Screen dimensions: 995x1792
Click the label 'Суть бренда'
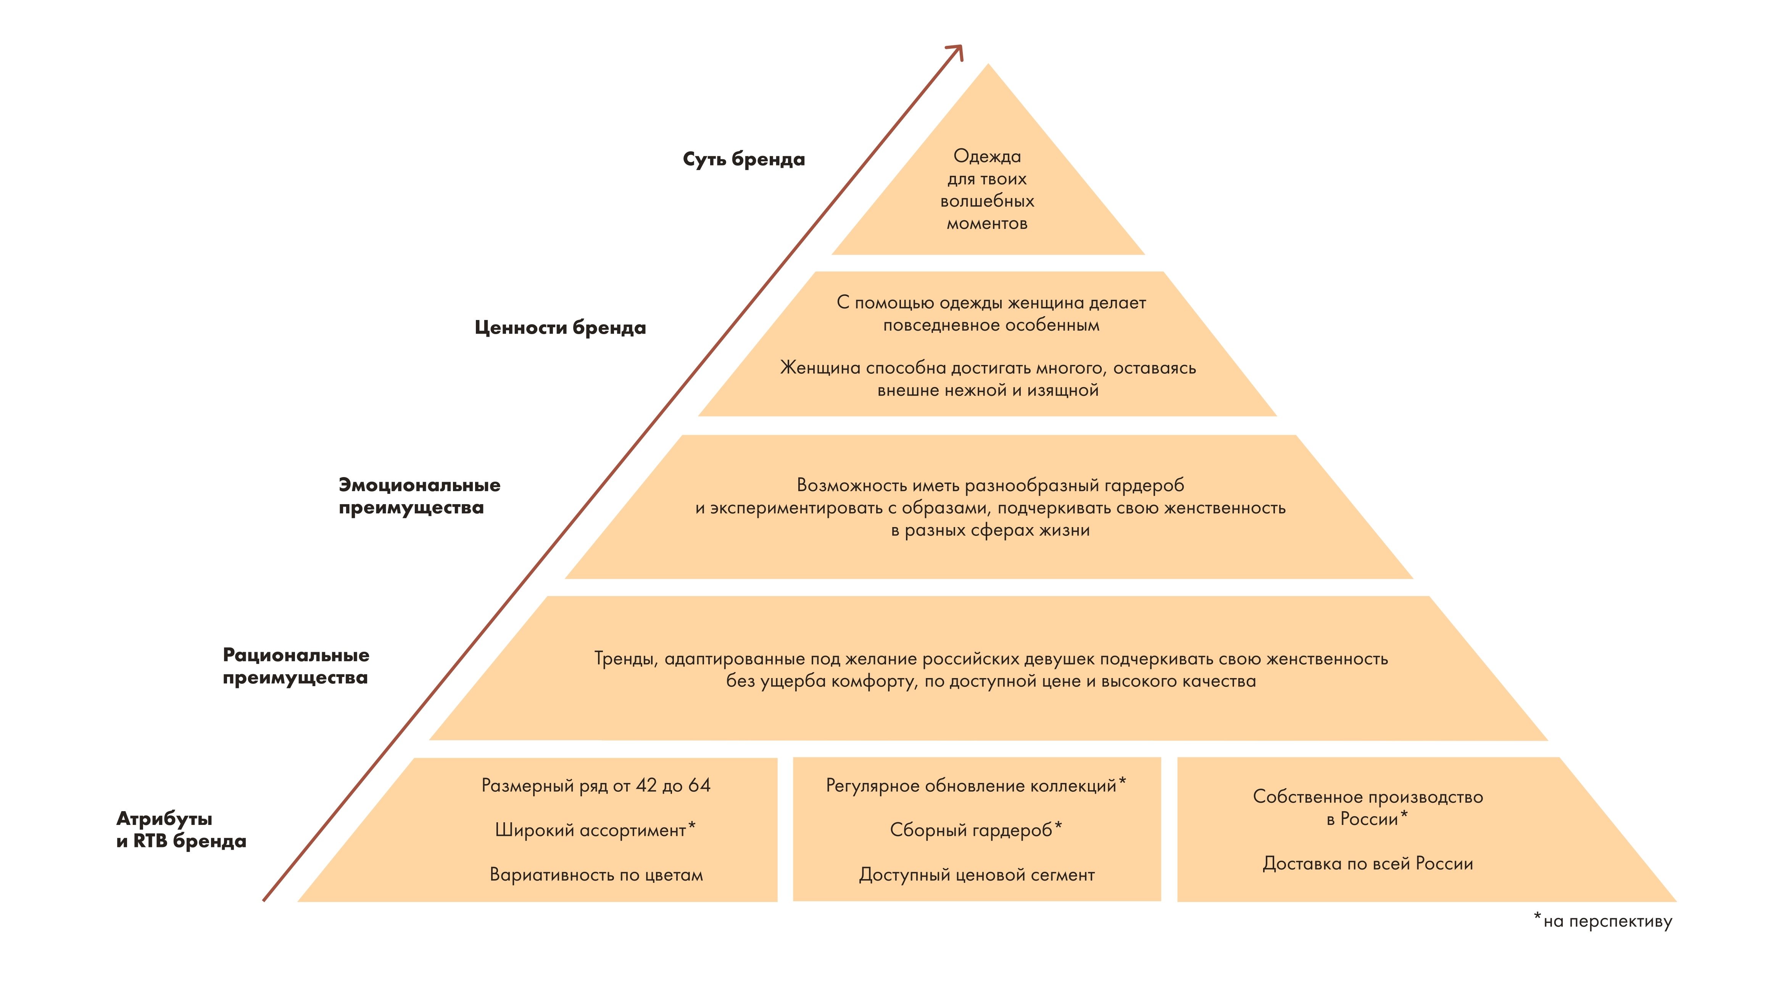744,159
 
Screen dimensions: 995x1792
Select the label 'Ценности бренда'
560,328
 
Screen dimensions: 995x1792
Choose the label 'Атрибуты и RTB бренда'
181,829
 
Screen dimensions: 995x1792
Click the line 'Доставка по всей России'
1368,863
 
